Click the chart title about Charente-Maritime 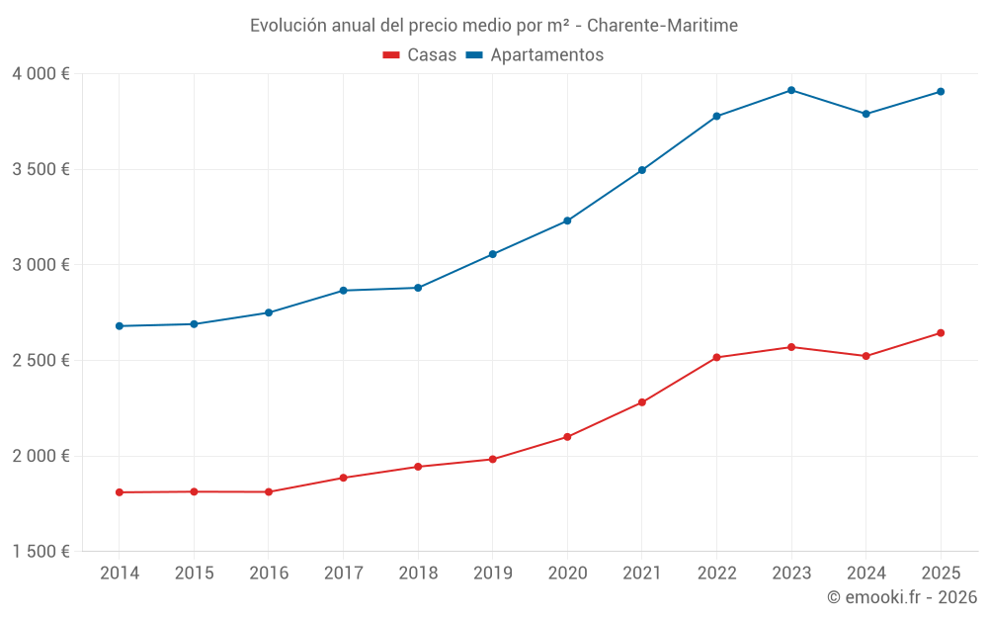tap(493, 26)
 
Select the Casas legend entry tap(420, 55)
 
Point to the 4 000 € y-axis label tap(41, 74)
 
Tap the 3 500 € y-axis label tap(41, 169)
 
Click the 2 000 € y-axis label tap(41, 456)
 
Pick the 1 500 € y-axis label tap(41, 552)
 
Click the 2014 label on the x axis tap(120, 573)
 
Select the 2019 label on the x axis tap(492, 573)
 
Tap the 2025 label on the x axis tap(941, 573)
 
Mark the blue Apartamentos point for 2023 tap(791, 90)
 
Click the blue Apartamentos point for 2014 tap(120, 325)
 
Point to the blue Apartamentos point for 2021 tap(642, 170)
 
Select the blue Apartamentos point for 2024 tap(865, 114)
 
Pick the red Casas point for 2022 tap(716, 357)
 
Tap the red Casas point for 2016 tap(269, 491)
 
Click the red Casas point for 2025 tap(941, 332)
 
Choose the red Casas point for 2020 tap(567, 436)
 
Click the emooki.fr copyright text tap(902, 597)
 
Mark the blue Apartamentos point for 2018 tap(418, 288)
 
